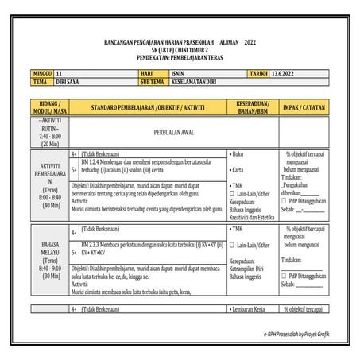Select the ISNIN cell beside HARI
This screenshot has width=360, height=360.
[x=179, y=71]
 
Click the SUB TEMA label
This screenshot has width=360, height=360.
[x=153, y=81]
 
